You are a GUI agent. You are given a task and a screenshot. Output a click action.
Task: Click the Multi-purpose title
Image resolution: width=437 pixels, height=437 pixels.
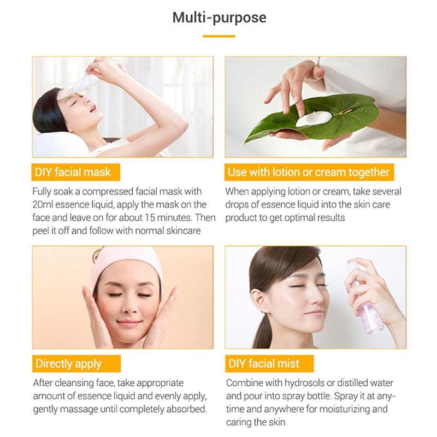220,18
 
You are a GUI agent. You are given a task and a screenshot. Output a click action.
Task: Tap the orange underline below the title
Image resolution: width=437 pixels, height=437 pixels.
219,36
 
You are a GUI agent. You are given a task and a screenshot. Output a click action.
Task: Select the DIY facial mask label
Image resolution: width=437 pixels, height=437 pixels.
75,172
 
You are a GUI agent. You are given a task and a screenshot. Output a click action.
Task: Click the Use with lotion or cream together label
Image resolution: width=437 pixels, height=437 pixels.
309,172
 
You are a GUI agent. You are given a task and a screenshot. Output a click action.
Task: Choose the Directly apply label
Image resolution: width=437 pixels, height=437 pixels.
76,364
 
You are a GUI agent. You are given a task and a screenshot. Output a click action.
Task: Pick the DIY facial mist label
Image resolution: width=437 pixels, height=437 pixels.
269,364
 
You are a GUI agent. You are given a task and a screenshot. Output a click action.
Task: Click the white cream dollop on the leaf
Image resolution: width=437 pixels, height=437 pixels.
314,118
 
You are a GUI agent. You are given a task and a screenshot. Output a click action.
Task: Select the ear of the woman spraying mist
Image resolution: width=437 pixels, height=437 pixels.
257,299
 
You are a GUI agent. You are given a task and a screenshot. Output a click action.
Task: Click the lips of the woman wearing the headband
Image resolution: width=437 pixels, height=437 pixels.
129,323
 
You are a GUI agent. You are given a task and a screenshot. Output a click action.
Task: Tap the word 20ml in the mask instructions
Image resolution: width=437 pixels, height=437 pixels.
43,204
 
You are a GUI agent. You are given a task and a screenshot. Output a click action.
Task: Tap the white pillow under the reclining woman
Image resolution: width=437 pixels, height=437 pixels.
60,145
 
